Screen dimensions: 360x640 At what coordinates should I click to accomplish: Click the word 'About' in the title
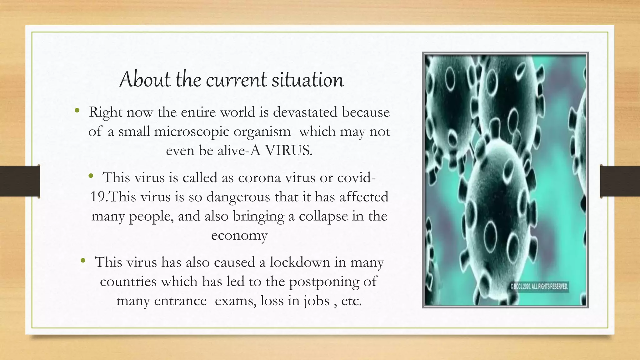point(145,79)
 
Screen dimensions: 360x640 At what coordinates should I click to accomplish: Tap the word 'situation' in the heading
point(307,79)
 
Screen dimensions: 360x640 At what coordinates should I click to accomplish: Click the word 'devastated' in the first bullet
point(305,112)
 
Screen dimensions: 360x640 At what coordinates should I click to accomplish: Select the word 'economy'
point(239,235)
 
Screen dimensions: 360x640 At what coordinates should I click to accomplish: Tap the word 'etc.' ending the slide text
point(351,301)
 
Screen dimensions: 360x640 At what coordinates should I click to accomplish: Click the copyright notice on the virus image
point(539,286)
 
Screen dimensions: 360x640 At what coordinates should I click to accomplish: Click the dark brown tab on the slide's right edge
point(620,181)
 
